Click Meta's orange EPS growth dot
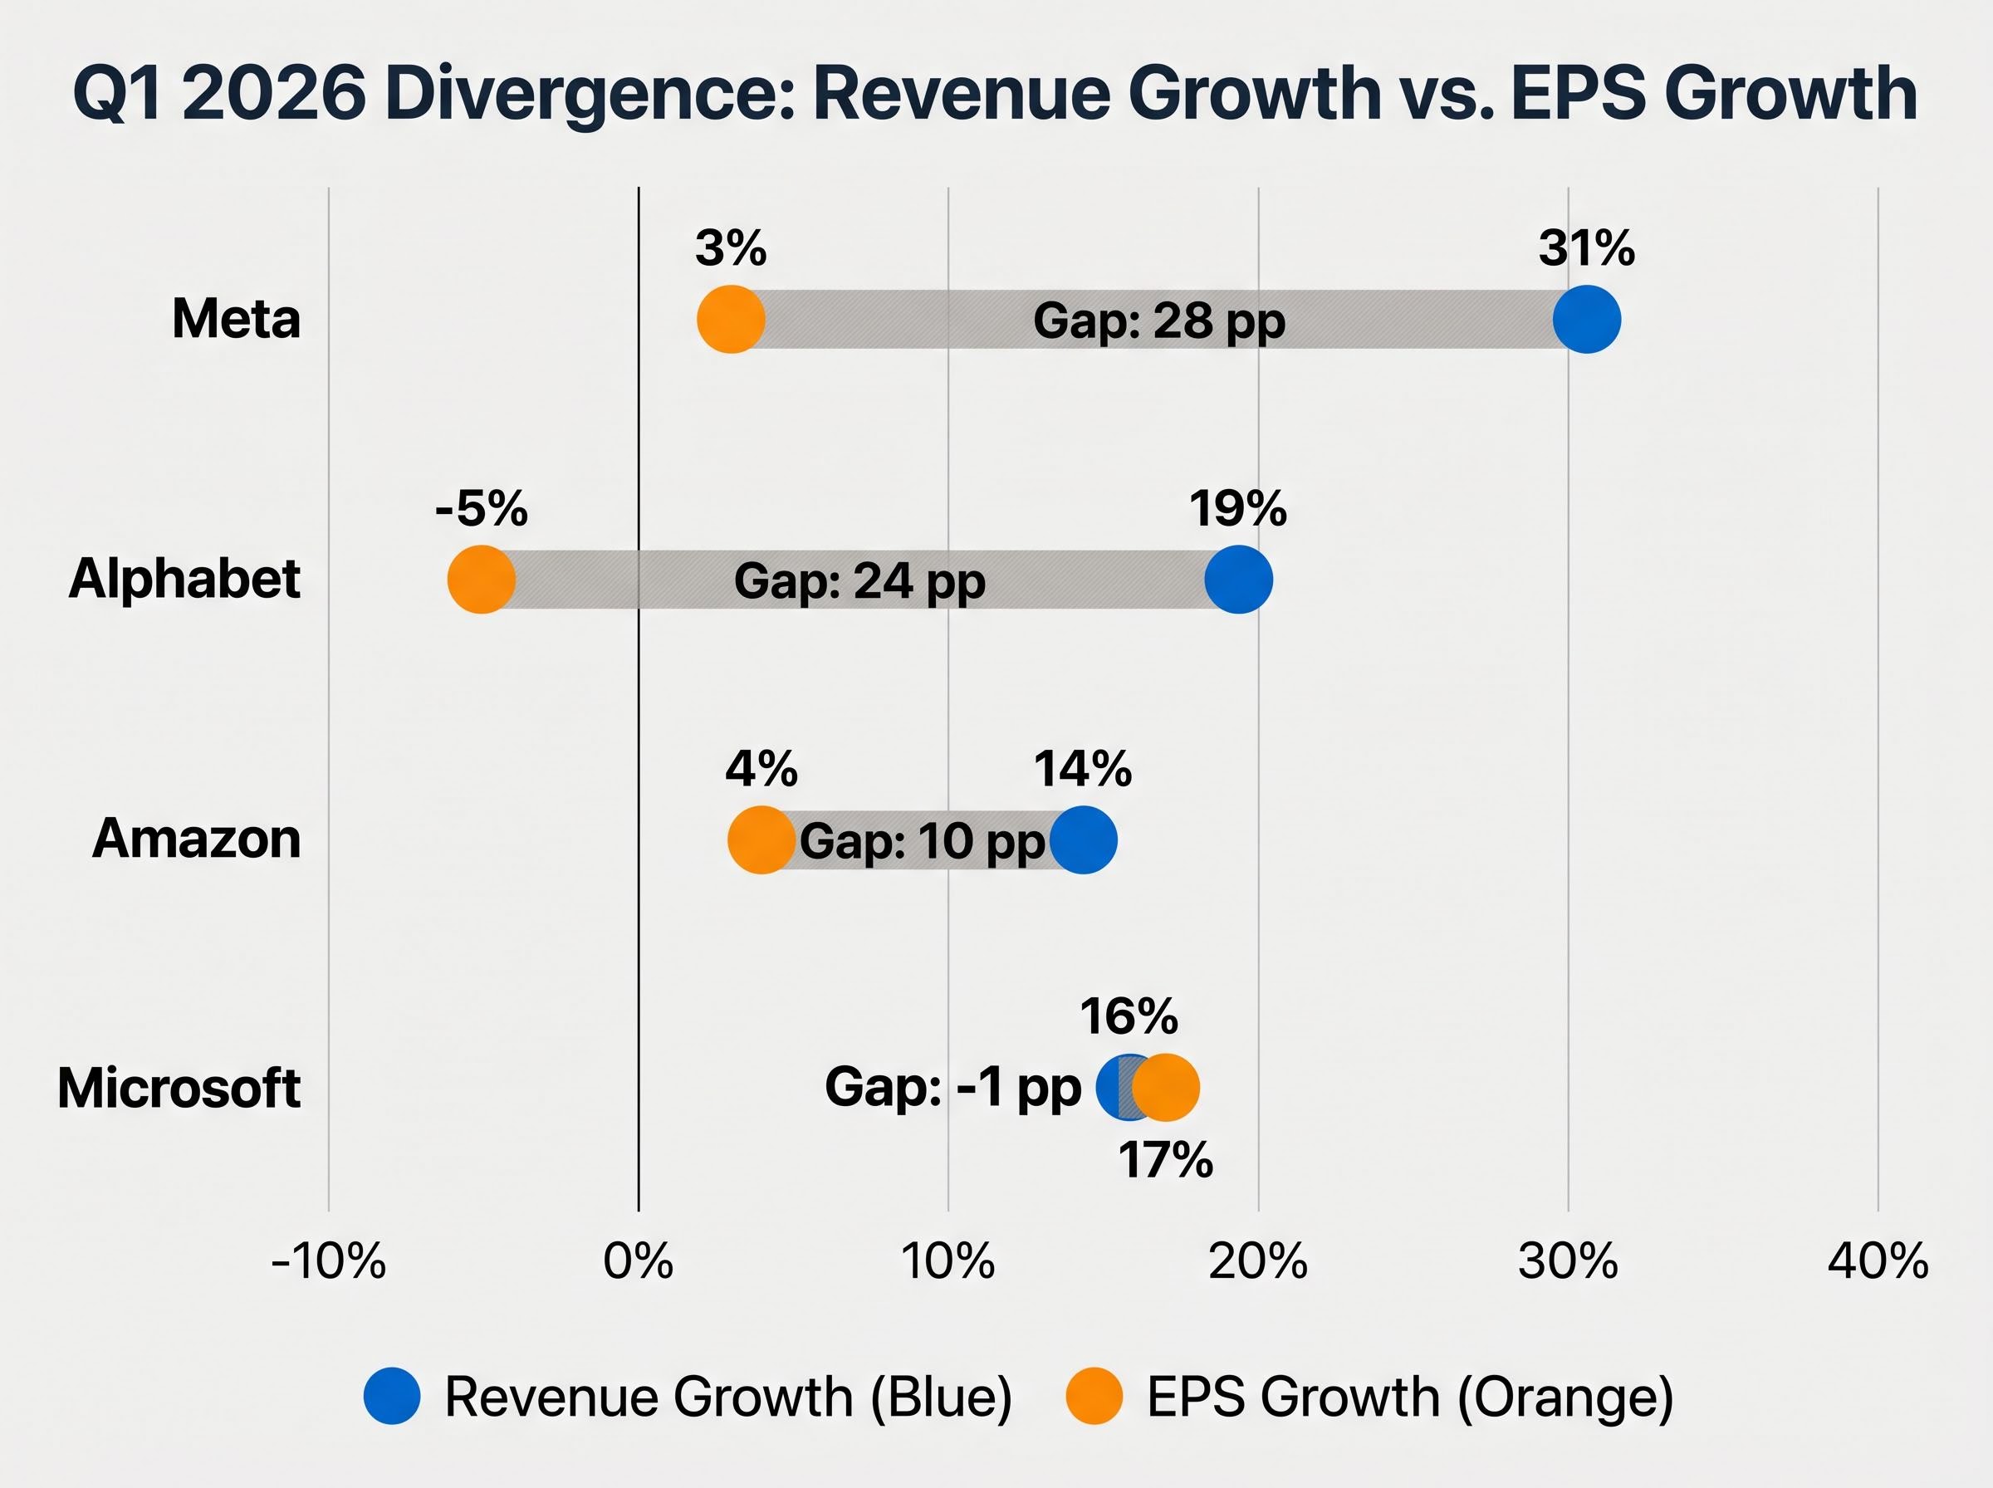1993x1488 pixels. pos(731,319)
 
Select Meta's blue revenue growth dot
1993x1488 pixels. pos(1587,319)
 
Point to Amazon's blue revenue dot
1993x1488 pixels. pos(1084,839)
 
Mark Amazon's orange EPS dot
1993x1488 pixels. pos(761,839)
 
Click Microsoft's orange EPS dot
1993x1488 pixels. pos(1168,1087)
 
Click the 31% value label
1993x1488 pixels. pos(1586,247)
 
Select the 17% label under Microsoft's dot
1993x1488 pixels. pos(1165,1160)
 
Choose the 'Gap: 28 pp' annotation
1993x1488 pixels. pos(1158,321)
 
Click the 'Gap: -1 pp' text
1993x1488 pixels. pos(952,1087)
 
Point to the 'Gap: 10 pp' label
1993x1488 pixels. pos(923,841)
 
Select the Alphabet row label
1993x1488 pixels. pos(184,578)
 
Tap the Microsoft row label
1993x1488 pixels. pos(179,1088)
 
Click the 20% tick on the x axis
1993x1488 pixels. pos(1257,1262)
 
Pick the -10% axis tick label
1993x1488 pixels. pos(328,1262)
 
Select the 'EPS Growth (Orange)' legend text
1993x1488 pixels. pos(1409,1396)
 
